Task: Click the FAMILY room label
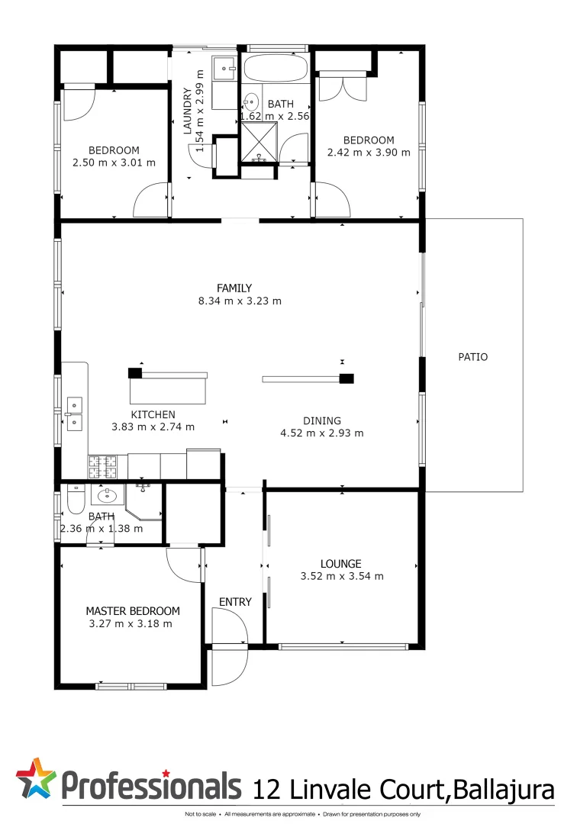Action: pyautogui.click(x=234, y=288)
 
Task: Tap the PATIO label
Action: pyautogui.click(x=472, y=356)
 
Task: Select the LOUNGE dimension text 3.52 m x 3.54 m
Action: pyautogui.click(x=342, y=576)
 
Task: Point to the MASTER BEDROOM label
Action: pyautogui.click(x=133, y=610)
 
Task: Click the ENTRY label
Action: pyautogui.click(x=235, y=602)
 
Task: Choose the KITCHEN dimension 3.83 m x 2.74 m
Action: pyautogui.click(x=153, y=426)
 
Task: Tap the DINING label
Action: pyautogui.click(x=321, y=420)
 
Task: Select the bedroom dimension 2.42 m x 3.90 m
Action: pyautogui.click(x=369, y=152)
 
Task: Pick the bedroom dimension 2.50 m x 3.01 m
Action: pyautogui.click(x=114, y=163)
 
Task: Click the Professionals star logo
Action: pyautogui.click(x=36, y=778)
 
